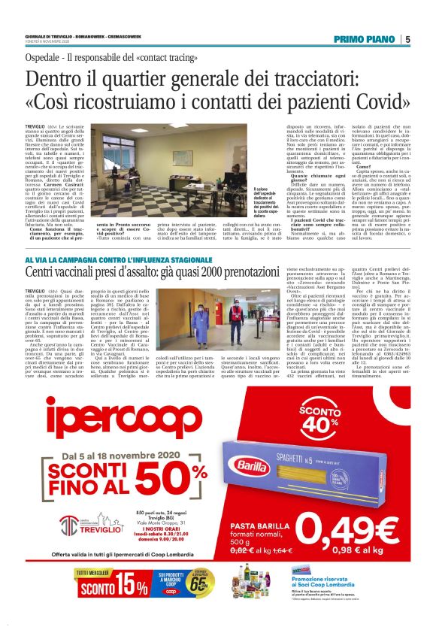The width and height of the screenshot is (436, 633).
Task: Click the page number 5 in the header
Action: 407,40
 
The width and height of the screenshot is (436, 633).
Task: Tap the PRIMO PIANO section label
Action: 365,40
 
